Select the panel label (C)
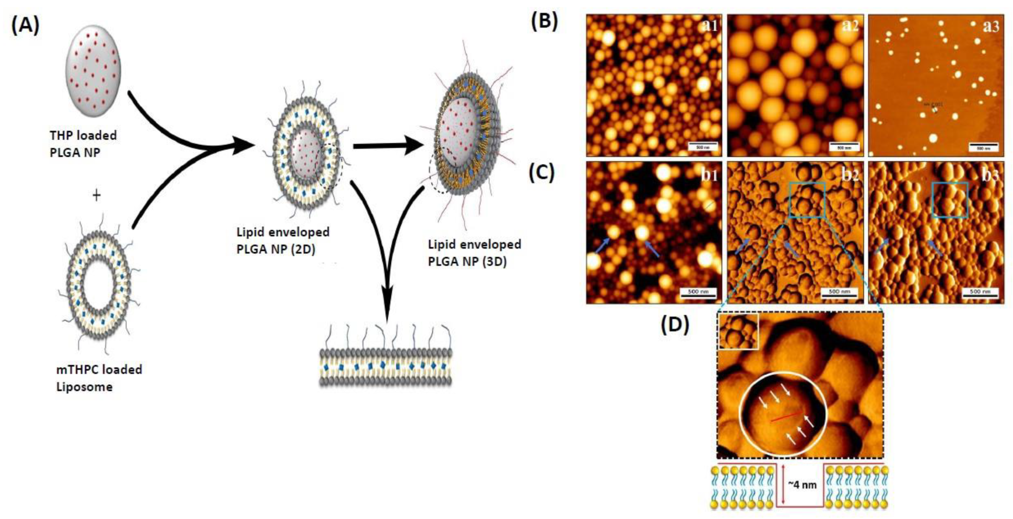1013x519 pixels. (542, 173)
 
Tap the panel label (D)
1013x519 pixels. (674, 325)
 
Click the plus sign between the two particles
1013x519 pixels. (96, 195)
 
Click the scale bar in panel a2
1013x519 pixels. (844, 146)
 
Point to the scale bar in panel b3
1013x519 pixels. (980, 293)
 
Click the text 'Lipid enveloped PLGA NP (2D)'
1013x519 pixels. (283, 240)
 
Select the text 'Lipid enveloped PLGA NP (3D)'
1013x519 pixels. (474, 253)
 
